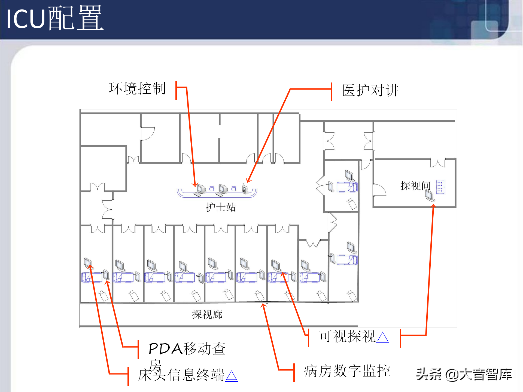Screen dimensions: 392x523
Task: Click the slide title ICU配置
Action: click(x=54, y=18)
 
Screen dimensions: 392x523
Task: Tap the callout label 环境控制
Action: click(x=137, y=88)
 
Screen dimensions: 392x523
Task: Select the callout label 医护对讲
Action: click(x=370, y=90)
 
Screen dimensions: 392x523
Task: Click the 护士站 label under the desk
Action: click(x=221, y=207)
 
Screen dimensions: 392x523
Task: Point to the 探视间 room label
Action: click(x=415, y=186)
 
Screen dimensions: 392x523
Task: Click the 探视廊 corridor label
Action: click(x=207, y=314)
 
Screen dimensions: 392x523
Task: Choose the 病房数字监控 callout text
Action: click(x=347, y=371)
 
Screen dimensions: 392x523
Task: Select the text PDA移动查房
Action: click(x=187, y=349)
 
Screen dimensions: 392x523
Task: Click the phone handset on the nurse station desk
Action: click(x=245, y=189)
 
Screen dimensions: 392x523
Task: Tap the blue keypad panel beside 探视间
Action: click(x=440, y=187)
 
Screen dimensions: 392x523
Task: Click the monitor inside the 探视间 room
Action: click(x=430, y=195)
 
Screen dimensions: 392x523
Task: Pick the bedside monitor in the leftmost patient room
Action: click(x=88, y=263)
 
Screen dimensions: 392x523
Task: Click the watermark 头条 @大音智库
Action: click(x=464, y=374)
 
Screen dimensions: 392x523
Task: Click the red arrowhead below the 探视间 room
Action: click(x=433, y=206)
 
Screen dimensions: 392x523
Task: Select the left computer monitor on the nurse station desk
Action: click(x=201, y=189)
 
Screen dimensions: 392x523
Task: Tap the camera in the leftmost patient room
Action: click(x=104, y=296)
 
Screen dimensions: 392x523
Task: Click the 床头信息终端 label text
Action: click(x=181, y=375)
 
